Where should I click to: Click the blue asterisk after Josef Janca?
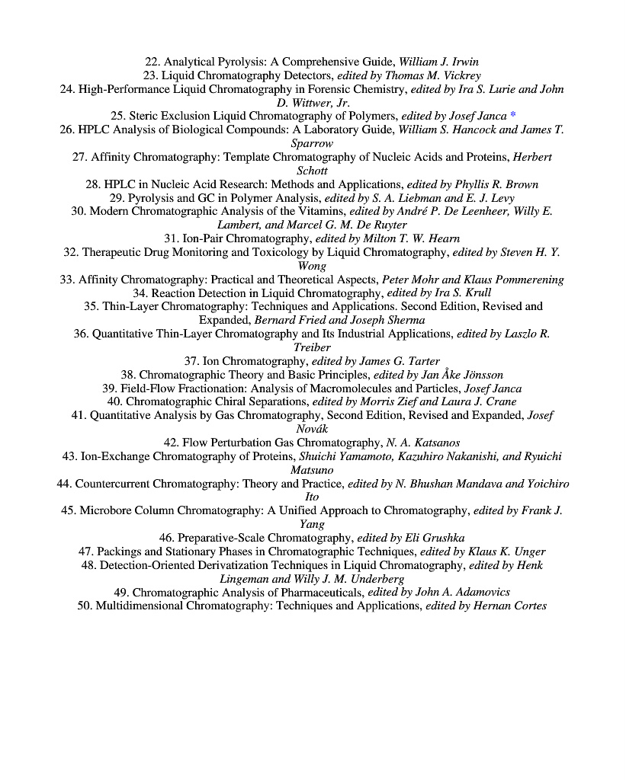pos(513,116)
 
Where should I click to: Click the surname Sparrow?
pos(312,143)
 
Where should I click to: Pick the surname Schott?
pos(312,171)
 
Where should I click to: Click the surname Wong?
pos(312,266)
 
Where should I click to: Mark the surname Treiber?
pos(312,347)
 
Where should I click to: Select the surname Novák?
pos(312,429)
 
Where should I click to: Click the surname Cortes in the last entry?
pos(526,606)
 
